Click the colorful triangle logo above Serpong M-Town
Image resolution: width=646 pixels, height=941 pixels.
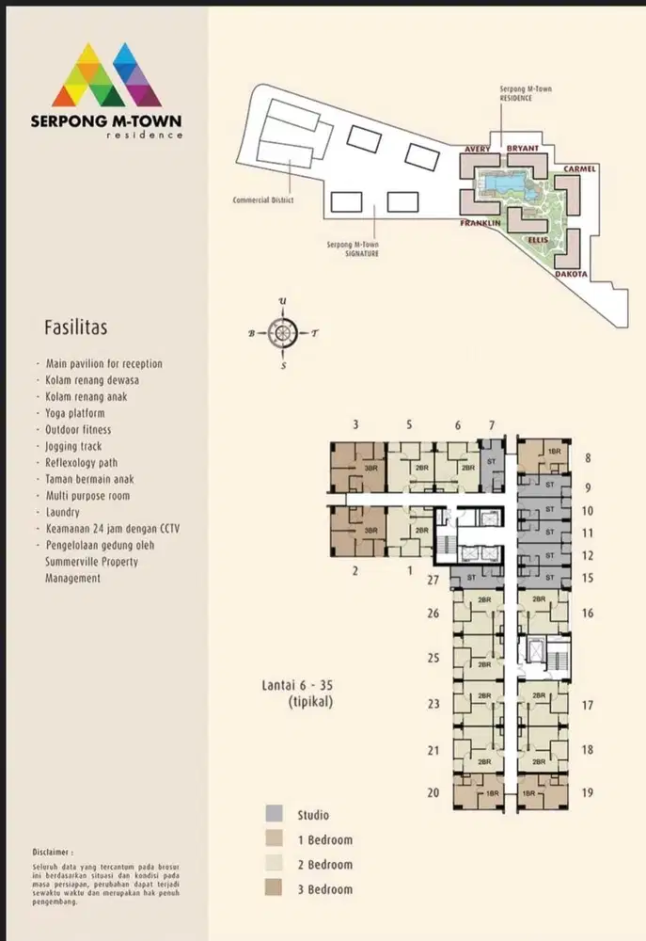(x=106, y=74)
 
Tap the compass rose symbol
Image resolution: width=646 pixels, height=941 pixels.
(x=283, y=332)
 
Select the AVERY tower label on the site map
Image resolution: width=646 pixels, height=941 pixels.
(x=479, y=149)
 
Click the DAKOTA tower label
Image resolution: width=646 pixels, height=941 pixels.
(x=571, y=274)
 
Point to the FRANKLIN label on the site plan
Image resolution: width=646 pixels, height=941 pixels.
(x=481, y=224)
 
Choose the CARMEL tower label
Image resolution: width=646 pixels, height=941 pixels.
(x=580, y=169)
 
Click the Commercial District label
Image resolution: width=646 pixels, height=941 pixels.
(x=263, y=200)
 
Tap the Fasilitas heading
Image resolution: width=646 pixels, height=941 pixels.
(x=75, y=328)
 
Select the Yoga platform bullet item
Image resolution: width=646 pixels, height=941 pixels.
(x=75, y=413)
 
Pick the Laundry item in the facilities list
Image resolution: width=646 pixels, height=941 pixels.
(x=65, y=512)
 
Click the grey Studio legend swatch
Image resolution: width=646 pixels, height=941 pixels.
(x=273, y=815)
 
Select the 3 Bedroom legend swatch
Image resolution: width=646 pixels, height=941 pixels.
(x=273, y=888)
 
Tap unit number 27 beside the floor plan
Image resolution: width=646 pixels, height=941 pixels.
(x=433, y=581)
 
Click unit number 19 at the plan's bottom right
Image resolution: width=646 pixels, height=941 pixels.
(x=588, y=792)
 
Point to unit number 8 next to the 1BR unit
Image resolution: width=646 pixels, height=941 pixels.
(x=588, y=459)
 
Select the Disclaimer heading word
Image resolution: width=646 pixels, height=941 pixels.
(x=52, y=848)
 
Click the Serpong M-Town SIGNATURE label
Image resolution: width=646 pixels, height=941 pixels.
(x=353, y=249)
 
